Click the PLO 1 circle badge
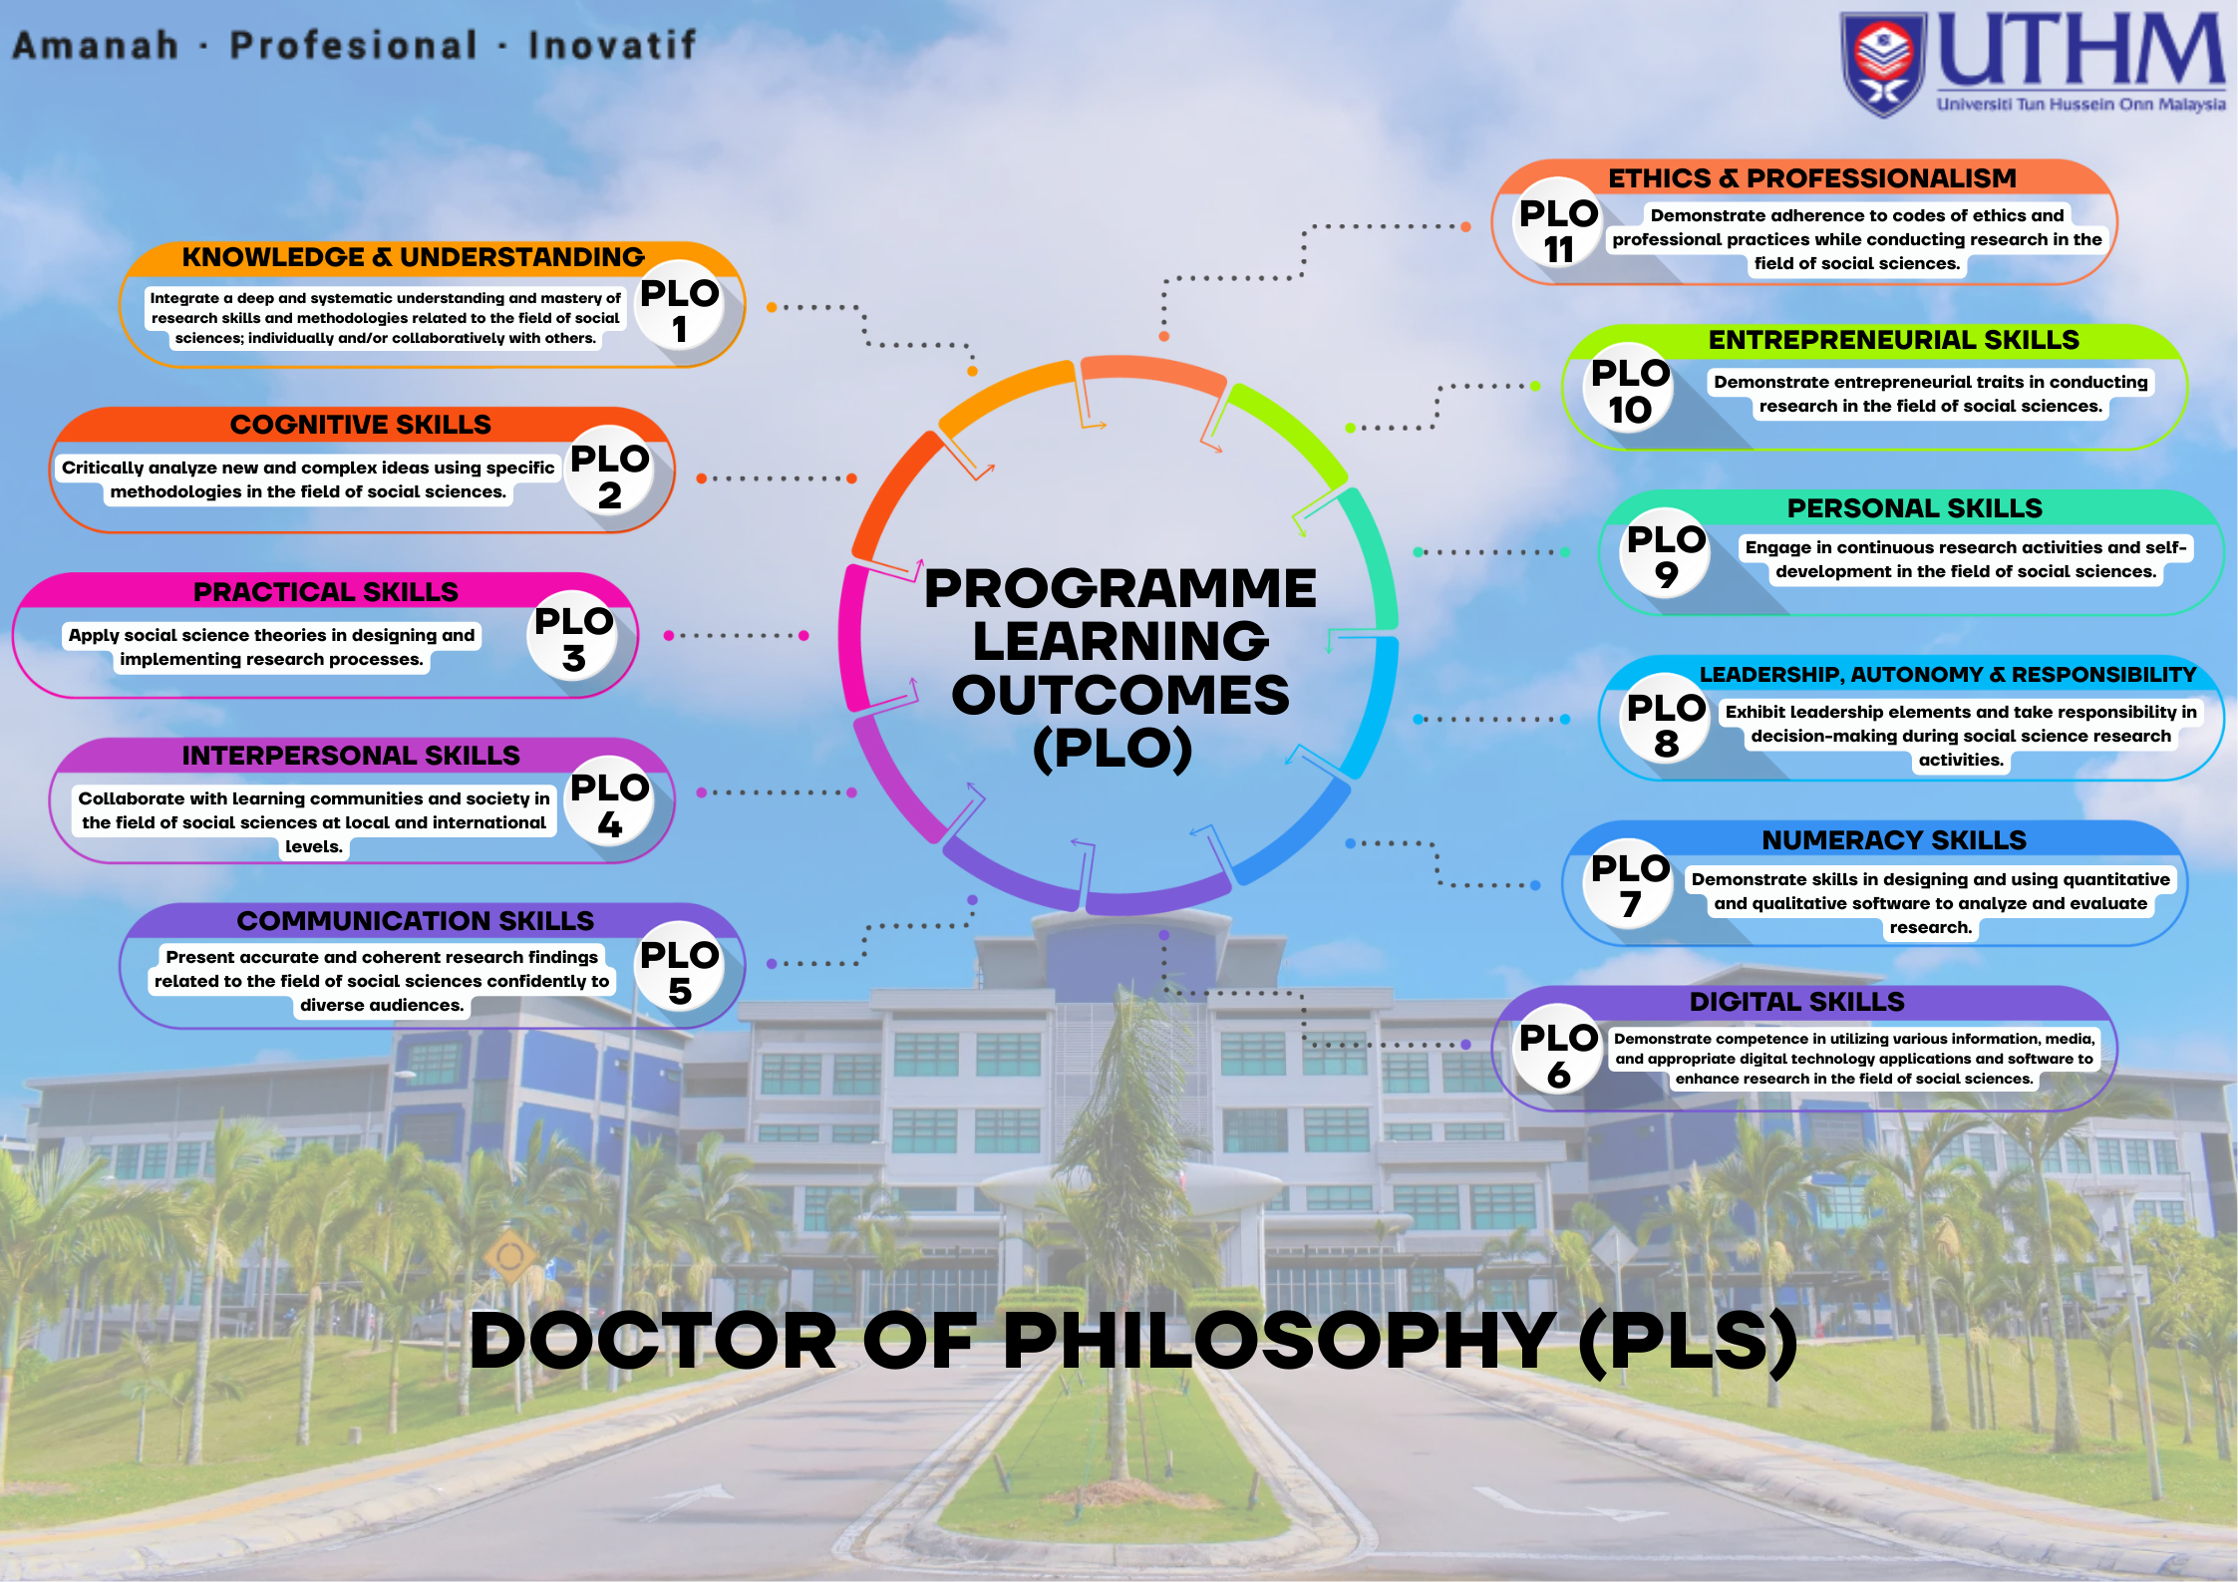pos(680,306)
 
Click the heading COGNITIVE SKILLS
pos(361,425)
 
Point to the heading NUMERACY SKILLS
pos(1894,840)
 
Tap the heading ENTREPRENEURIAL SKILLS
pos(1894,340)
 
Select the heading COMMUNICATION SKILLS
pos(415,920)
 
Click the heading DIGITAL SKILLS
pos(1796,1002)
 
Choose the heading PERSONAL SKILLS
pos(1915,508)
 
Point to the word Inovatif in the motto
pos(612,45)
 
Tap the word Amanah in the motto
pos(96,45)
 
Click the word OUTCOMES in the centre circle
pos(1120,695)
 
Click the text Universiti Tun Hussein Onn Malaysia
pos(2081,104)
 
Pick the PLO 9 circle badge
pos(1666,554)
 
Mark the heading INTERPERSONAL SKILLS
pos(351,756)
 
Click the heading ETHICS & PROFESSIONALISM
pos(1812,178)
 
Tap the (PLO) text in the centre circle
pos(1114,749)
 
